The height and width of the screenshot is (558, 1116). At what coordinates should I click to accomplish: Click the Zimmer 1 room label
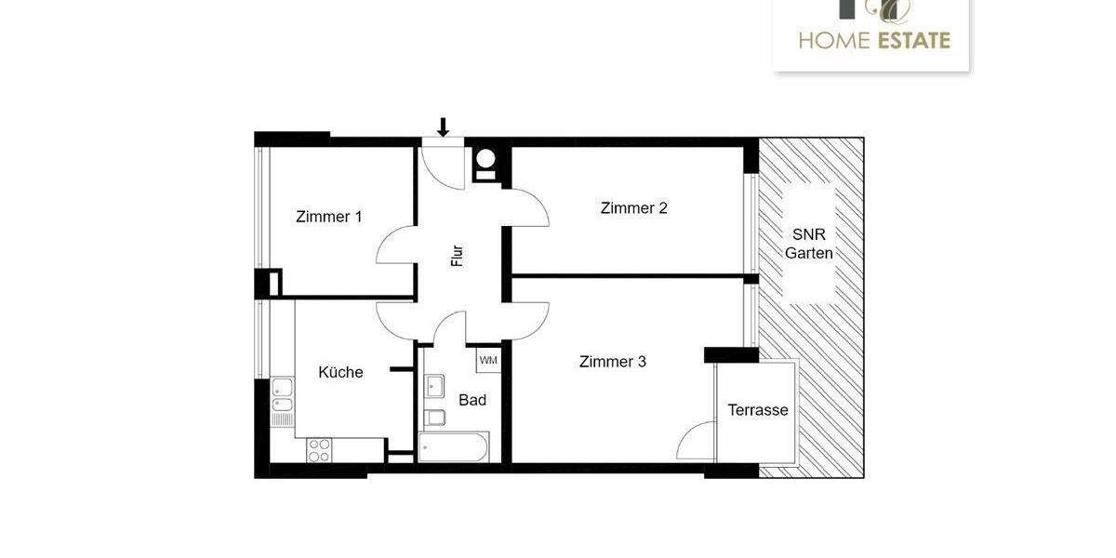[328, 217]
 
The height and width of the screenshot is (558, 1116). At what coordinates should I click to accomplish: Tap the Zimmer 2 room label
[633, 208]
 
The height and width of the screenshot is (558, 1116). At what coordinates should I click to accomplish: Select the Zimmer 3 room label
[612, 362]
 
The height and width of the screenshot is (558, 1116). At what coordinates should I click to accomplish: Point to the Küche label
[340, 372]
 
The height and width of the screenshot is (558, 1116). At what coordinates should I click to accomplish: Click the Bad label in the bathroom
[472, 401]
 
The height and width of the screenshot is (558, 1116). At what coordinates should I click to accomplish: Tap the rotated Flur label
[458, 255]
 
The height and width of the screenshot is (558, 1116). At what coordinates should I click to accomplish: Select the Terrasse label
[757, 410]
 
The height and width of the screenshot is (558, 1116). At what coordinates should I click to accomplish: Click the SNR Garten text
[808, 244]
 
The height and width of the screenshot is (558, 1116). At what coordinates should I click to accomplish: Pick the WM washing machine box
[488, 360]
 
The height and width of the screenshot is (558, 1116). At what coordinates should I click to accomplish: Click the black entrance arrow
[444, 126]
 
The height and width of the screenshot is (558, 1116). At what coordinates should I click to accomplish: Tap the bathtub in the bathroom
[454, 446]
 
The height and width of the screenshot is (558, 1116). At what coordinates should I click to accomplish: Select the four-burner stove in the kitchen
[319, 450]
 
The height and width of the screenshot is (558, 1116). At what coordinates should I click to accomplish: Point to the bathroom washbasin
[434, 385]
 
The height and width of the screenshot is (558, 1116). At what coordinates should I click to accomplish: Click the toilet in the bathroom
[433, 417]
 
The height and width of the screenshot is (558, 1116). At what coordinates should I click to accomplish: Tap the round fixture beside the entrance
[485, 159]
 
